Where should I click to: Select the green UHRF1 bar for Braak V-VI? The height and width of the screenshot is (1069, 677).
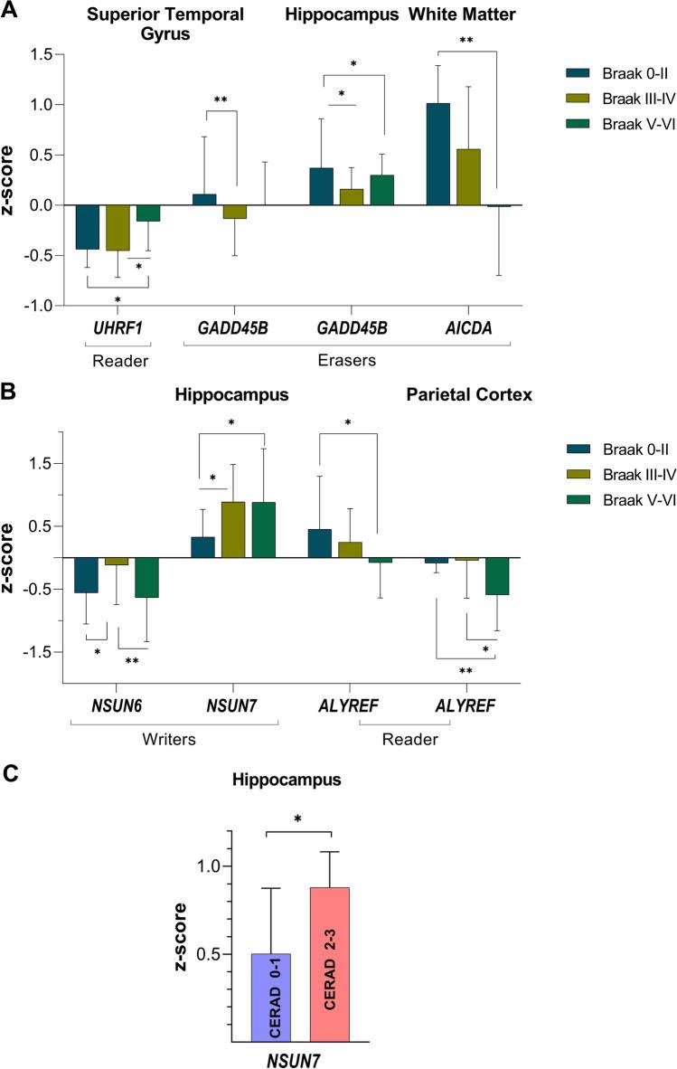coord(147,213)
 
